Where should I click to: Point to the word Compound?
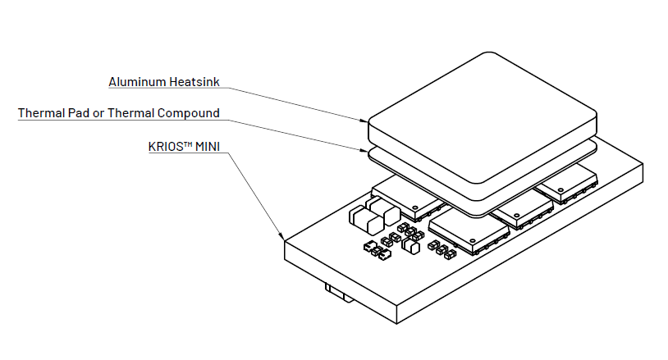188,113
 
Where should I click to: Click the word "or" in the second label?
98,114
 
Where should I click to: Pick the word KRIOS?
167,147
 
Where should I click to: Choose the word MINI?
208,147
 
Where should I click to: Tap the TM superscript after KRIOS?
189,144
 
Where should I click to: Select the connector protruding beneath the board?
339,294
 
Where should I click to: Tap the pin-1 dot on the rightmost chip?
561,189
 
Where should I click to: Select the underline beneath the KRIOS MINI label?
188,153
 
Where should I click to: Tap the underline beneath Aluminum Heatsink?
168,88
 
